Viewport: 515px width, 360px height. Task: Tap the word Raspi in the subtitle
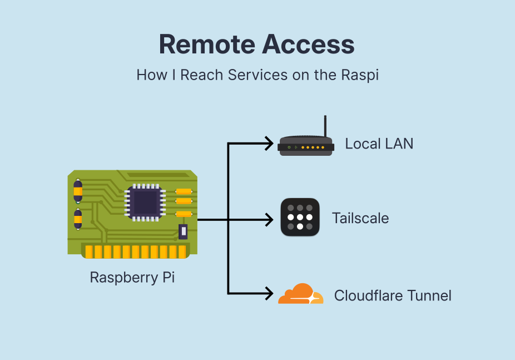click(x=360, y=75)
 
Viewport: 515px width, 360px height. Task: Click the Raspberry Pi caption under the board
click(x=132, y=277)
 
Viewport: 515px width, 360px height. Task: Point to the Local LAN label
click(x=379, y=144)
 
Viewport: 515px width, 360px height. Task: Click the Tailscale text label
click(x=360, y=218)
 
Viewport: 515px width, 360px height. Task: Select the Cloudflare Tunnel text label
click(x=393, y=295)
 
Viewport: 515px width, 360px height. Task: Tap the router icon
click(x=305, y=146)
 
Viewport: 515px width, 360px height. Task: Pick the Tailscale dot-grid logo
click(x=300, y=217)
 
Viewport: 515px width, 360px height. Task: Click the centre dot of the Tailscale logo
click(x=300, y=217)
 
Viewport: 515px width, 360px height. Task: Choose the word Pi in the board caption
click(x=169, y=277)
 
